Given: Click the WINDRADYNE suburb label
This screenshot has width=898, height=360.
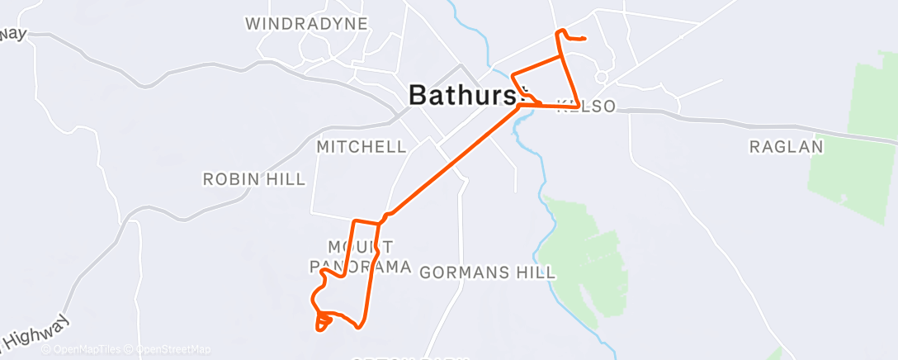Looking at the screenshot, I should pos(306,23).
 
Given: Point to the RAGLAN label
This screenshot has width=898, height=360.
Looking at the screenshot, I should pos(787,147).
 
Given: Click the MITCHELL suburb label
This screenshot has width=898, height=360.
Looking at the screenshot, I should pos(362,147).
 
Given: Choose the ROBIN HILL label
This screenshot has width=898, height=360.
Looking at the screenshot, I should pos(254,179).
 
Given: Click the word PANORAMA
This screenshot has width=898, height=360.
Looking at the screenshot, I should pos(361,267).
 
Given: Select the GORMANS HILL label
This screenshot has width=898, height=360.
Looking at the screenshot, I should pos(487,272).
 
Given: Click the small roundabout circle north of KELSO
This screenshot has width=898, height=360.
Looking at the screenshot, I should pos(602,77).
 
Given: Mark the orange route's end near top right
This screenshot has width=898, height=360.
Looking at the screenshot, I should pos(584,39).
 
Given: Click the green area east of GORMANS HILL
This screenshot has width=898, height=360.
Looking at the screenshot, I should pos(588,256).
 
